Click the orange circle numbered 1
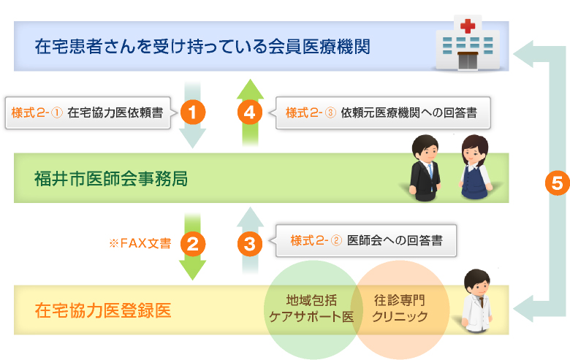point(193,112)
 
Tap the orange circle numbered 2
point(193,244)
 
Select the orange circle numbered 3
point(250,244)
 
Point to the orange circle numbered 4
point(250,112)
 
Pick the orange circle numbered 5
point(558,183)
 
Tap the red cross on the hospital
point(468,26)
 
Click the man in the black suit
point(425,167)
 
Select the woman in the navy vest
point(474,166)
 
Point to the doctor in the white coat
point(476,300)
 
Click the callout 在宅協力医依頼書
point(88,112)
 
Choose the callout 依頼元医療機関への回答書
point(383,112)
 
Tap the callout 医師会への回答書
point(366,240)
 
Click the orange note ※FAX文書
point(140,243)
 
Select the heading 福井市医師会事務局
point(111,178)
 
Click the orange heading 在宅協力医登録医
point(103,310)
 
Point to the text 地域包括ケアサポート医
point(311,308)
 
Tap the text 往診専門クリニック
point(400,308)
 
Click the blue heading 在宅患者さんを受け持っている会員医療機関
point(202,47)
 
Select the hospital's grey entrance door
point(468,61)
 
